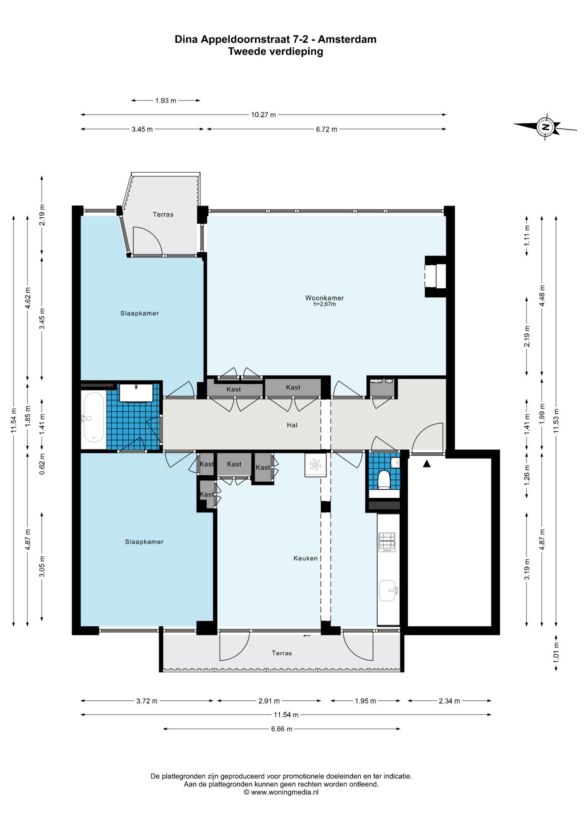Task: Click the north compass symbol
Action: (546, 127)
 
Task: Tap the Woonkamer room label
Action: (324, 298)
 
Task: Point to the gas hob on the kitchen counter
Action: (387, 542)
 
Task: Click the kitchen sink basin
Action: (388, 590)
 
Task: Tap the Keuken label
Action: (306, 558)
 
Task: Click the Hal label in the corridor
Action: (292, 425)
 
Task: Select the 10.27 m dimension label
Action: (263, 115)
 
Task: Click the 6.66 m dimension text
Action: (282, 729)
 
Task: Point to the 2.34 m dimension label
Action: (449, 701)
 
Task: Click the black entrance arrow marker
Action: (427, 464)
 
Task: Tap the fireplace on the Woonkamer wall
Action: (435, 277)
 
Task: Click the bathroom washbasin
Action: (136, 393)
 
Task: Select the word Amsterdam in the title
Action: (347, 39)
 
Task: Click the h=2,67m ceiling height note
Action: (325, 304)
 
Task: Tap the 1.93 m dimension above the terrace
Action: (166, 100)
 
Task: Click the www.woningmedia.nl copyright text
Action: (281, 792)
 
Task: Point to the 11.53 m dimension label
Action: (556, 421)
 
